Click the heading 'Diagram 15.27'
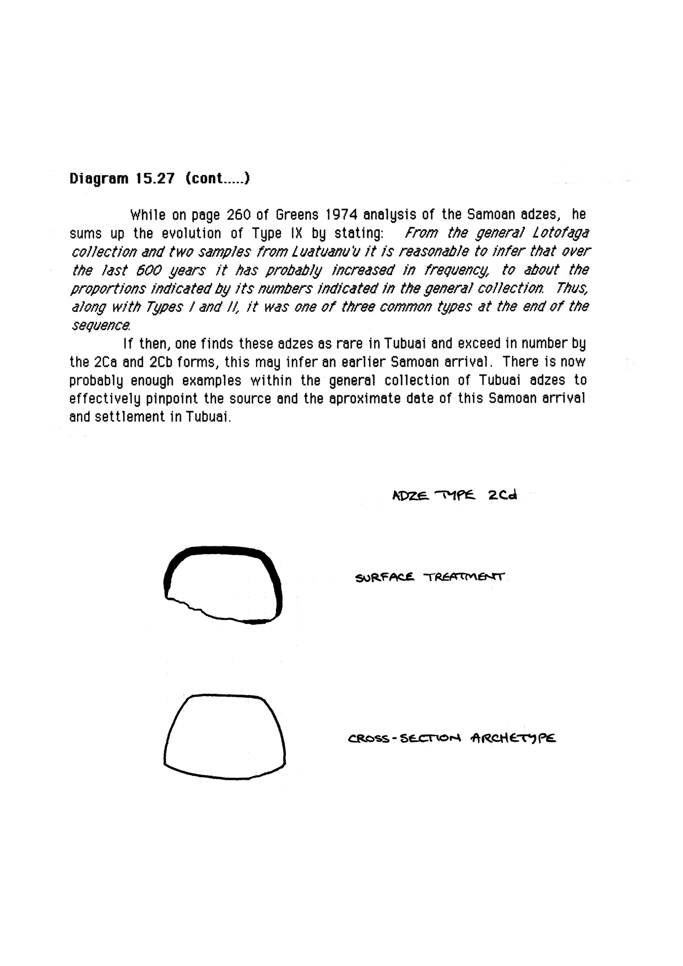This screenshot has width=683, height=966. click(x=122, y=179)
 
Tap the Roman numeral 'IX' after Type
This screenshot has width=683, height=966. click(x=296, y=233)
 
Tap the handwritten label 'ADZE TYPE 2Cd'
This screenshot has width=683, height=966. click(x=454, y=495)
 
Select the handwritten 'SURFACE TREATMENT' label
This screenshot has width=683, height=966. click(x=430, y=578)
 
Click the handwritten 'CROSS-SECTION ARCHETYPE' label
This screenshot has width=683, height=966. click(x=452, y=739)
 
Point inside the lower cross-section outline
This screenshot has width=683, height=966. click(x=225, y=738)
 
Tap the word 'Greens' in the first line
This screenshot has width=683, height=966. click(x=298, y=214)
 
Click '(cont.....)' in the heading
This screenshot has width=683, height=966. click(x=218, y=179)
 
